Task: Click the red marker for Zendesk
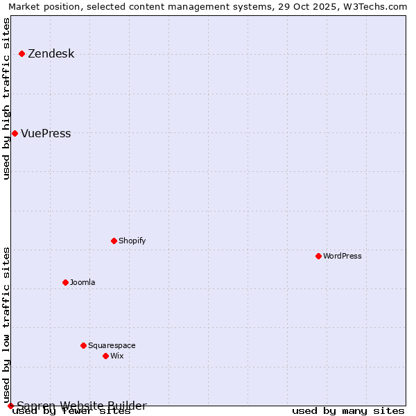(22, 53)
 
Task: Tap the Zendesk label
(51, 54)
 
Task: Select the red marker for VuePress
(15, 133)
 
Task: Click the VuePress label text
(46, 134)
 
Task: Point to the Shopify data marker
(114, 241)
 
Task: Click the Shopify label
(132, 241)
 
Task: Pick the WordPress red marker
(319, 256)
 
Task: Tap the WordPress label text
(342, 257)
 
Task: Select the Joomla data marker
(66, 282)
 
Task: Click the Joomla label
(83, 283)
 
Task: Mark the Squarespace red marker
(84, 345)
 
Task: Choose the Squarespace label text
(112, 346)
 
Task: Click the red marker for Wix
(106, 356)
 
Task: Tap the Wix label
(116, 356)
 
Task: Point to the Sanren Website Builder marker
(10, 406)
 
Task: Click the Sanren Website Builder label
(82, 406)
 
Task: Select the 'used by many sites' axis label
(348, 411)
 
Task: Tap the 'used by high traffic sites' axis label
(7, 98)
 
